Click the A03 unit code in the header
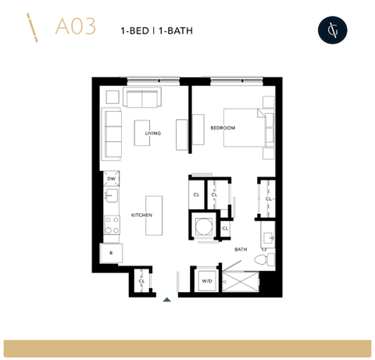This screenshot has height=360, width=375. (x=76, y=27)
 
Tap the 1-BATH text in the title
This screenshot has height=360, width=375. (x=176, y=30)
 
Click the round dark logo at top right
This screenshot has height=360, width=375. (x=331, y=29)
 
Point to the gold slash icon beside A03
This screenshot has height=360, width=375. (x=34, y=27)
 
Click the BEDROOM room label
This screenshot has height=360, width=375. (x=222, y=127)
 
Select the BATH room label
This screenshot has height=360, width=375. (x=241, y=250)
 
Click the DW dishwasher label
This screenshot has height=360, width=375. (x=111, y=179)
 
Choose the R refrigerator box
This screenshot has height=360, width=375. (x=111, y=254)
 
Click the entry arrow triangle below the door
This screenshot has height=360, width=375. (x=166, y=298)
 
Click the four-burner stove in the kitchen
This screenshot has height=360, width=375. (x=112, y=225)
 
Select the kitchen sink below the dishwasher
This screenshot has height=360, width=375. (x=112, y=196)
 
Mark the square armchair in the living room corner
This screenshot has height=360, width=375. (x=112, y=97)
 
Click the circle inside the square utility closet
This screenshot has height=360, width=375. (x=205, y=227)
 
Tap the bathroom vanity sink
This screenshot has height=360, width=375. (x=267, y=236)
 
